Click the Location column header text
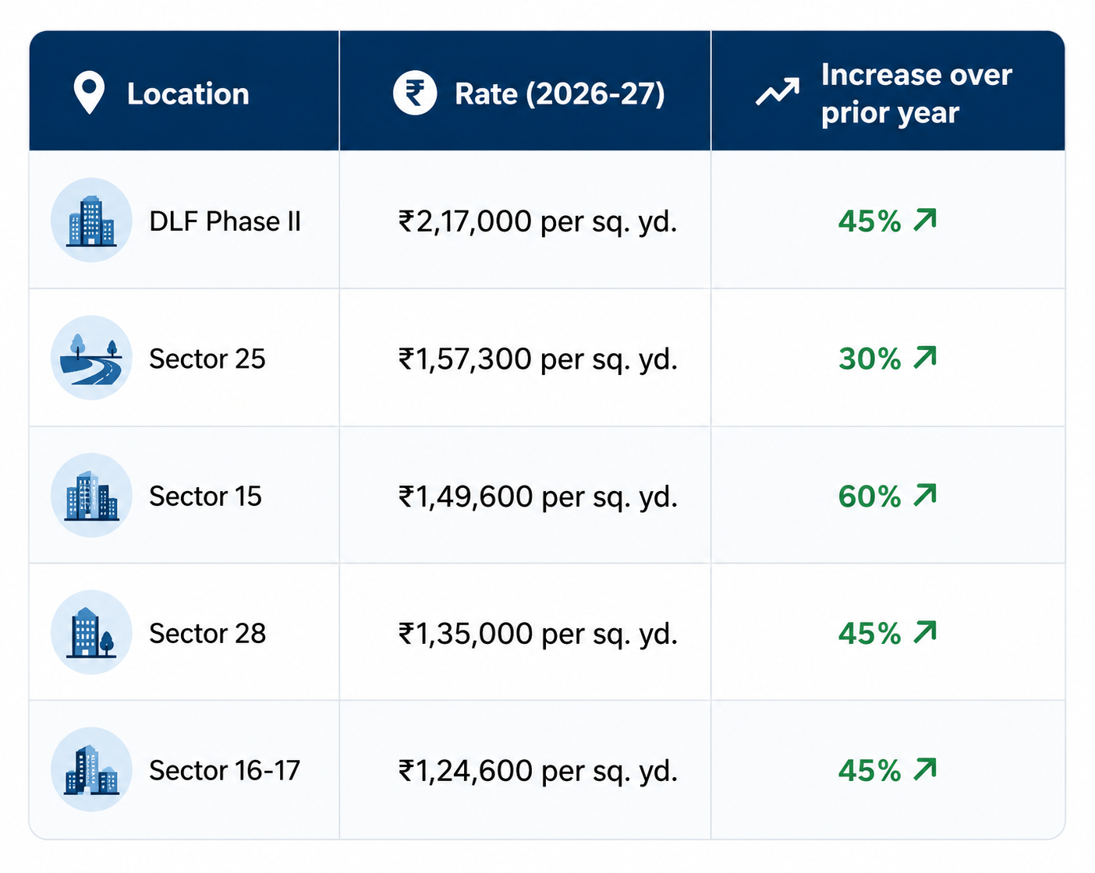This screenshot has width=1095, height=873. pos(188,94)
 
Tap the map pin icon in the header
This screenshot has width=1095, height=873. pos(89,92)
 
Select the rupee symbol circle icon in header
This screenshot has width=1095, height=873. pos(415,93)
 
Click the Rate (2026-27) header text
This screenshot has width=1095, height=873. pos(560,94)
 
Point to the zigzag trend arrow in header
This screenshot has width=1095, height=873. pos(777,91)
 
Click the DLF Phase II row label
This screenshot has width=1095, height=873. pos(225,221)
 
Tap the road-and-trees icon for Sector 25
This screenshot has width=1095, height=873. pos(91,358)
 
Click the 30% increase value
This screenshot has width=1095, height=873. pos(870,359)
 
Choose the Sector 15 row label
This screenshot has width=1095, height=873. pos(206,496)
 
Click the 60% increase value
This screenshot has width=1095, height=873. pos(870,496)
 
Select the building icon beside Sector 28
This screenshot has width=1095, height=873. pos(91,632)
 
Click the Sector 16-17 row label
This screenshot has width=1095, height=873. pos(225,770)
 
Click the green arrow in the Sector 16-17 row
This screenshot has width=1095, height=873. pos(925,769)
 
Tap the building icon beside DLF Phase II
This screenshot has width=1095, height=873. pos(91,221)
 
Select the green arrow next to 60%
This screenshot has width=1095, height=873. pos(925,494)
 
